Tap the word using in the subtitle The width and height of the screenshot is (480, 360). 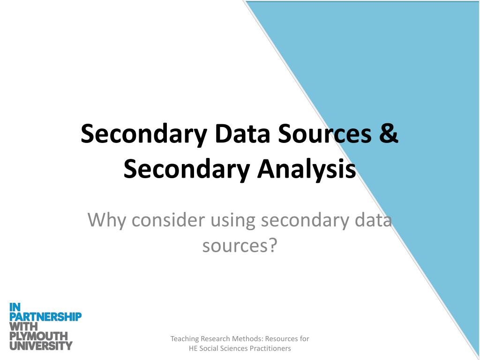coord(232,220)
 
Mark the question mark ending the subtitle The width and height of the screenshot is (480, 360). coord(273,245)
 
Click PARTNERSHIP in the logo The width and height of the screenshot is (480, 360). coord(45,317)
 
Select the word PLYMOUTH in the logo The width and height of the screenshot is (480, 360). coord(38,336)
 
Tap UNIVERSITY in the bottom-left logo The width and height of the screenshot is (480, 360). coord(41,346)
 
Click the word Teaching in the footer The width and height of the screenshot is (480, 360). coord(185,338)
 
